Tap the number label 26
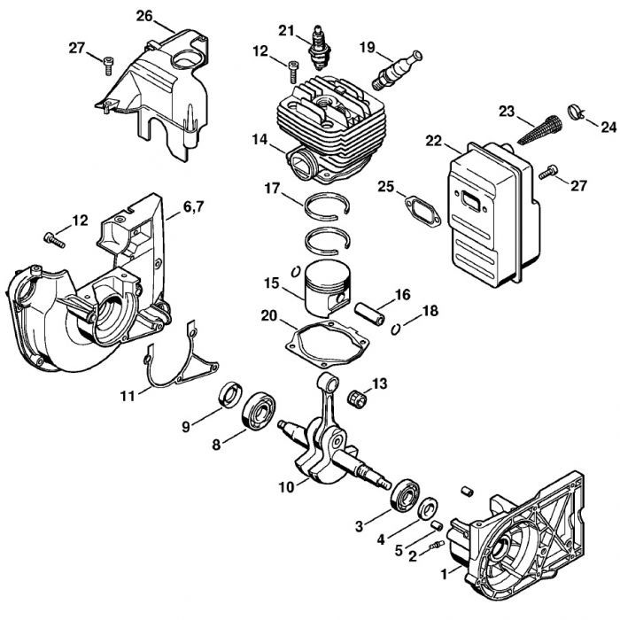144,15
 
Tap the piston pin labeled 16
370,314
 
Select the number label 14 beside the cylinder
259,139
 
